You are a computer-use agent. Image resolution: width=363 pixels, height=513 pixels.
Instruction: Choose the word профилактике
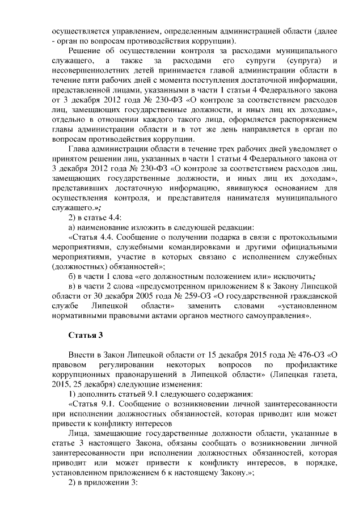tap(311, 365)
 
